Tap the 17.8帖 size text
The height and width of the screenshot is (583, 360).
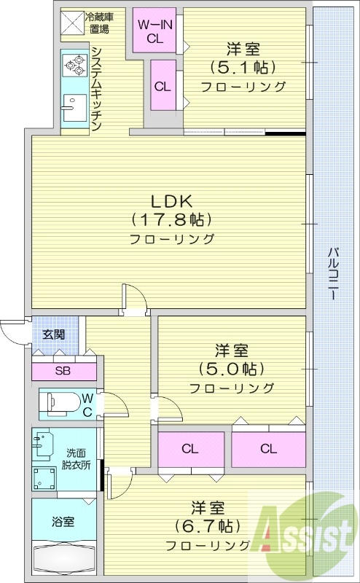pos(171,219)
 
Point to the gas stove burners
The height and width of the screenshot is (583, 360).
pos(74,66)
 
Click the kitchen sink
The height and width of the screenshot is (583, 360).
pos(71,109)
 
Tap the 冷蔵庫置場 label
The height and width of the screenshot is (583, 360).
pos(99,23)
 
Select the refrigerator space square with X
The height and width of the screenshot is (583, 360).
pos(71,23)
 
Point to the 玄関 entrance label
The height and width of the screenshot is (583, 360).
pos(52,335)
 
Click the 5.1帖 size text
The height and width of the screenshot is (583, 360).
pos(243,68)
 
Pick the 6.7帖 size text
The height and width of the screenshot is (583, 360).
pos(208,525)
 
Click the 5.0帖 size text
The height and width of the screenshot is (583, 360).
pos(231,367)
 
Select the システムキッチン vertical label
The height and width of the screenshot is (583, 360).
pos(95,87)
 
